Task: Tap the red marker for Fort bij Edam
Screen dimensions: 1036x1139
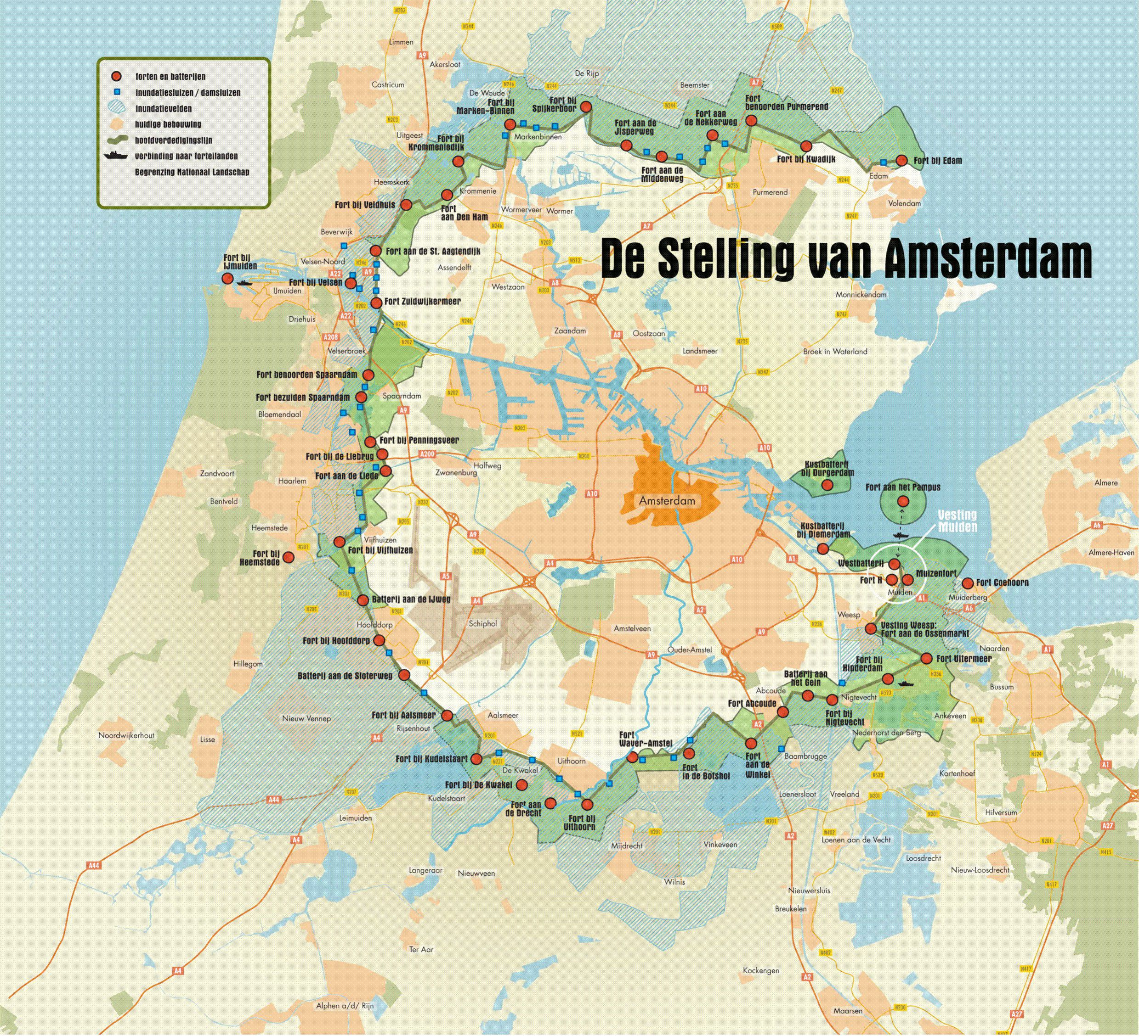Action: (x=902, y=161)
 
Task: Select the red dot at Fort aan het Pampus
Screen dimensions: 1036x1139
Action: (x=902, y=501)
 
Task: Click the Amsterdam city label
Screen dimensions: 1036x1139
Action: (x=667, y=501)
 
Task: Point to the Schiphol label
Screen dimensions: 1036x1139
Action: (x=482, y=623)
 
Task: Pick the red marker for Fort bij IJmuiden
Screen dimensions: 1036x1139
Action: (x=227, y=278)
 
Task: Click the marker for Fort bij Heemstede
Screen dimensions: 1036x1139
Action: (x=288, y=557)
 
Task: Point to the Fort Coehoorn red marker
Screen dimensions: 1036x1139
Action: (x=967, y=582)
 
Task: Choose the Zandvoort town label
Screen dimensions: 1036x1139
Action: (x=217, y=473)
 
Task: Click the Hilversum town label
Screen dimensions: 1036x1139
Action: (x=1001, y=812)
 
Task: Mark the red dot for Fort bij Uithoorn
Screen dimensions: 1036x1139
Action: (x=588, y=805)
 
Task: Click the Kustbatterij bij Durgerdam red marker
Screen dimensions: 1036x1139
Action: (x=827, y=484)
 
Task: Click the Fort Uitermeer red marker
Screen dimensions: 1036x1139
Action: (x=927, y=658)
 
